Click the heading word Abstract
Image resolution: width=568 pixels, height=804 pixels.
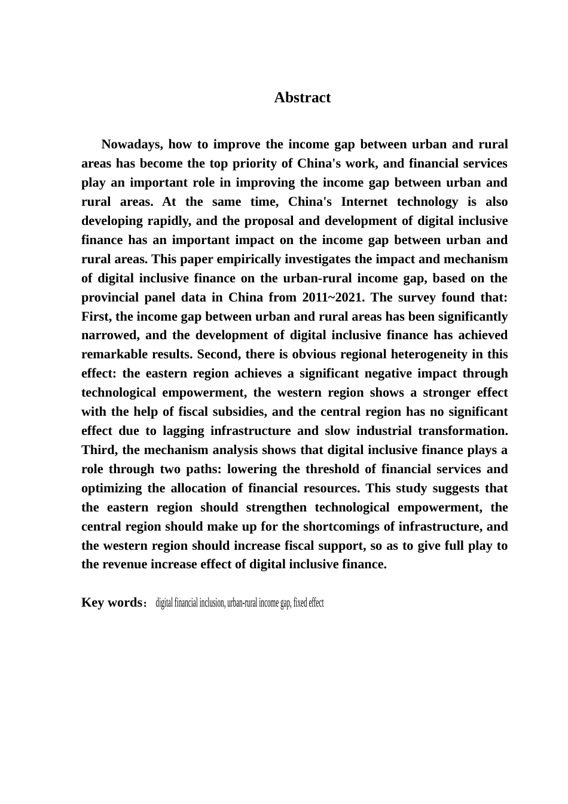click(x=302, y=98)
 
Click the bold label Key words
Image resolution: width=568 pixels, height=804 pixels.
click(x=111, y=602)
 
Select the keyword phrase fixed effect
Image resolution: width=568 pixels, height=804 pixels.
click(x=309, y=602)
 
